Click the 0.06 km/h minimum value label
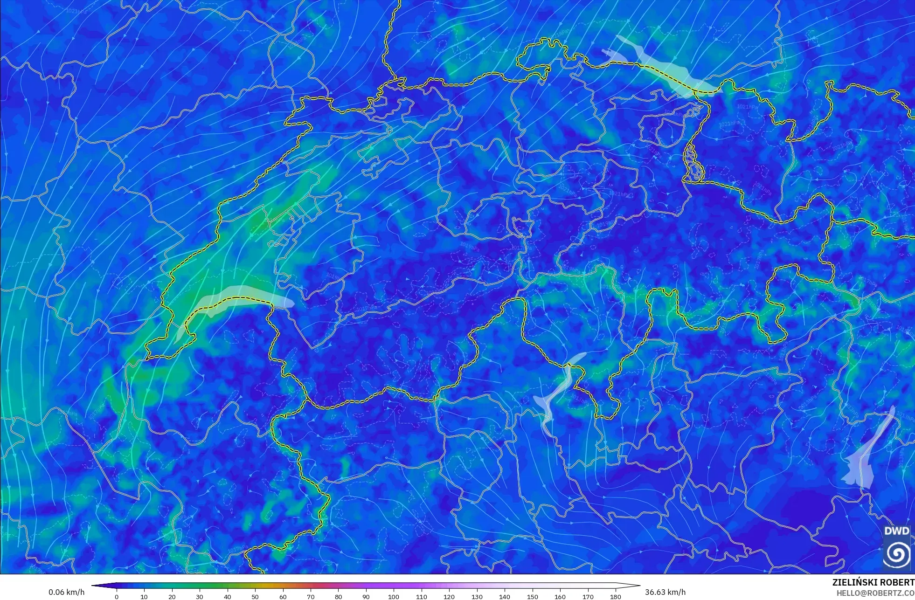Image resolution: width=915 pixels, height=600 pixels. point(66,592)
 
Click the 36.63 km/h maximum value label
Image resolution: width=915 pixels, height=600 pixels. point(665,592)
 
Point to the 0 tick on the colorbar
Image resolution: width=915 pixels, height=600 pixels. point(117,596)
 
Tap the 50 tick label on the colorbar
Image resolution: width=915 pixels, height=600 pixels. point(255,596)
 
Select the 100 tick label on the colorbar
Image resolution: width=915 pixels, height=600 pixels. point(394,596)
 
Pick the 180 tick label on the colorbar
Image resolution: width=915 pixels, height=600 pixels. point(616,596)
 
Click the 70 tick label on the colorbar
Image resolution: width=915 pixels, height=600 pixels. point(311,596)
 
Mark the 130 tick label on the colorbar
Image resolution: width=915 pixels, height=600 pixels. point(477,596)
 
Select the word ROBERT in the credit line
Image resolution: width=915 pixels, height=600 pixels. point(897,582)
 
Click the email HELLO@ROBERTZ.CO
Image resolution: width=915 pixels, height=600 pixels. point(875,593)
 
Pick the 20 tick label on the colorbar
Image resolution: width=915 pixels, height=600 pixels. point(172,596)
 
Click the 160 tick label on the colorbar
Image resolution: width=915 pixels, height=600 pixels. point(560,596)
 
